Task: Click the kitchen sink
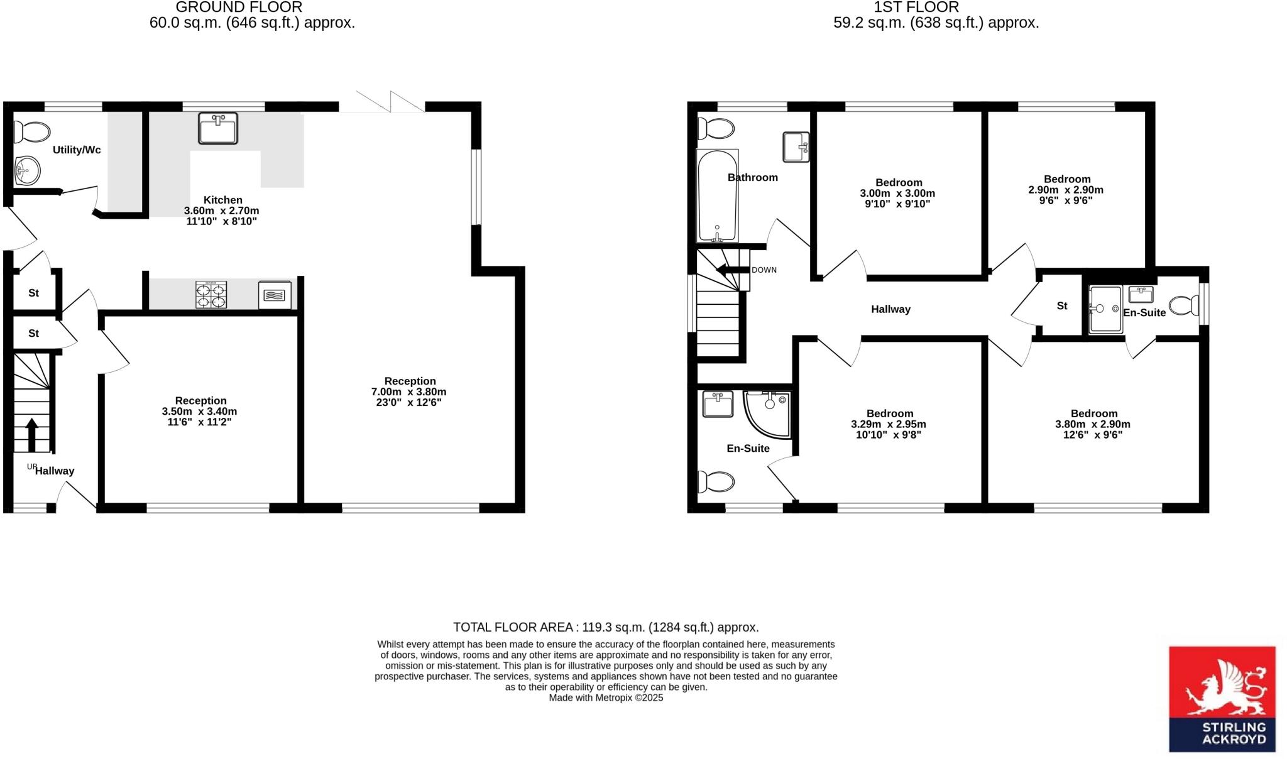[217, 128]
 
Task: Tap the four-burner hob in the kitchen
[211, 295]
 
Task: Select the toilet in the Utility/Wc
[32, 133]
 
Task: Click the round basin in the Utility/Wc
[27, 170]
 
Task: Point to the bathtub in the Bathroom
[717, 195]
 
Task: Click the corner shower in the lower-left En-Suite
[769, 412]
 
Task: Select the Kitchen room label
[222, 200]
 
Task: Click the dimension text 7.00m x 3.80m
[408, 391]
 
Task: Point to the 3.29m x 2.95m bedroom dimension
[889, 424]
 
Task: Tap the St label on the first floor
[1062, 306]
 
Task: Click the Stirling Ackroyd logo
[1222, 699]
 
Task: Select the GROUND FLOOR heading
[239, 8]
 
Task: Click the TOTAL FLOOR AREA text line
[606, 627]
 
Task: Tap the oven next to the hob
[275, 295]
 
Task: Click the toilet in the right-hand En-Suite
[1184, 305]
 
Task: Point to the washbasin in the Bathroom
[796, 146]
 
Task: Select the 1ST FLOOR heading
[916, 8]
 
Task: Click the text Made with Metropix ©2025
[606, 698]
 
